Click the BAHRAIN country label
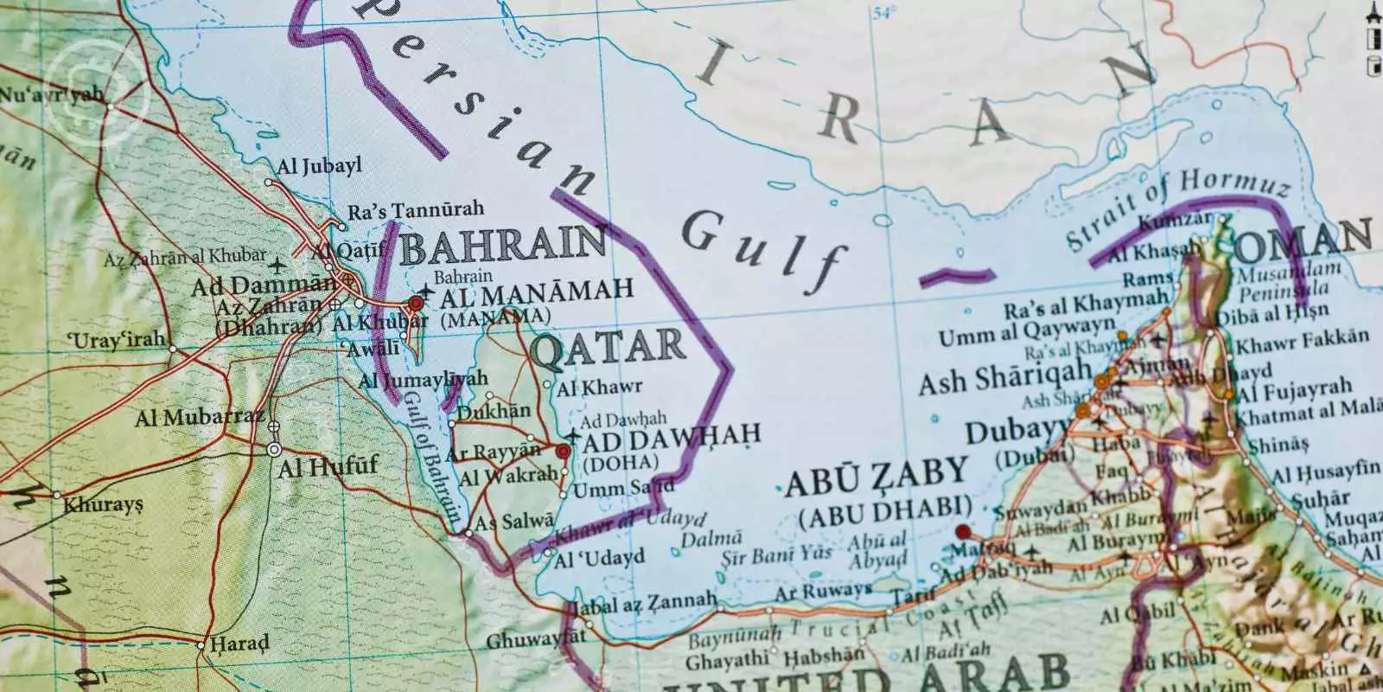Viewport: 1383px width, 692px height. point(502,247)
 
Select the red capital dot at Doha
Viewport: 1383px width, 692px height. point(564,451)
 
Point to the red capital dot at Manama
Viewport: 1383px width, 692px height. point(416,303)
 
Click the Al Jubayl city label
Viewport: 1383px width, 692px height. point(319,166)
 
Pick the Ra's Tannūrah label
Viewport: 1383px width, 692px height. point(415,210)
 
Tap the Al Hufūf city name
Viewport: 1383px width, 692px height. point(328,467)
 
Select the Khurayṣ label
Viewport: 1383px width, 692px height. point(104,503)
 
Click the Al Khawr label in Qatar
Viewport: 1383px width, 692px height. point(599,388)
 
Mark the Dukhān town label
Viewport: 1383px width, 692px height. point(494,413)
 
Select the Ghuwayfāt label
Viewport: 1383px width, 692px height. point(536,641)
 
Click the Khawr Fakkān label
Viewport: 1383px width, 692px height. point(1303,342)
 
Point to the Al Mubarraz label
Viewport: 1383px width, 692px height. point(200,419)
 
